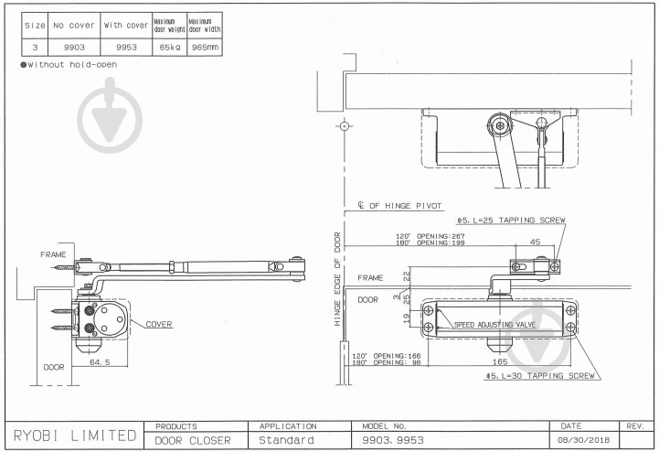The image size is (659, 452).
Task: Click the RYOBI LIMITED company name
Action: tap(74, 435)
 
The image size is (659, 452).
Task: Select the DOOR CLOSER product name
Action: tap(193, 441)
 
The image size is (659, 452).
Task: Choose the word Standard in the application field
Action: tap(287, 441)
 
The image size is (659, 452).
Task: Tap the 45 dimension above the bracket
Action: tap(535, 242)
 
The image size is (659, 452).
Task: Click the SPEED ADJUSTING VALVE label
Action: tap(494, 325)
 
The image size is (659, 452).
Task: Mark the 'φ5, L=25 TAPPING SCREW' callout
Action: tap(511, 221)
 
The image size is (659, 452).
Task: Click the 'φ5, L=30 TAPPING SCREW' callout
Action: tap(540, 376)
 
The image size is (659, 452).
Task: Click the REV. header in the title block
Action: tap(634, 426)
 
